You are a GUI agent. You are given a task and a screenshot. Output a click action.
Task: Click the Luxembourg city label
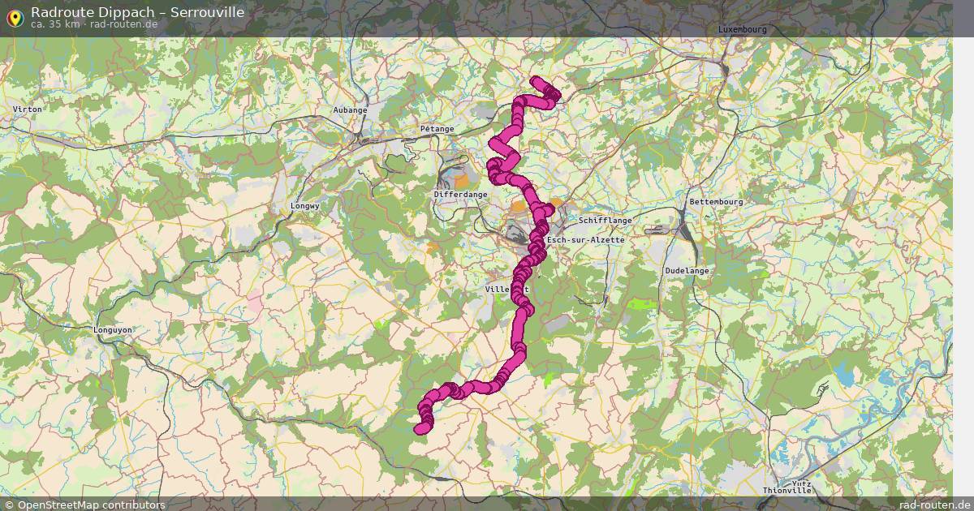tap(742, 29)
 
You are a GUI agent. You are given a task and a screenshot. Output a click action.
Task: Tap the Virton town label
tap(27, 108)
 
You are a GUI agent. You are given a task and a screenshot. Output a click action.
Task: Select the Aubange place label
tap(350, 109)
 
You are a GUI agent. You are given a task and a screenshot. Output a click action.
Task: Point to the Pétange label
tap(437, 129)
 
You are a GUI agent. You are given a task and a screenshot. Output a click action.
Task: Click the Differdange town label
tap(460, 195)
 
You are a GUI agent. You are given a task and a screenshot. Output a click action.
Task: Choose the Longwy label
tap(305, 206)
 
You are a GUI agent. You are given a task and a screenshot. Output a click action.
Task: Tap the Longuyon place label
tap(113, 330)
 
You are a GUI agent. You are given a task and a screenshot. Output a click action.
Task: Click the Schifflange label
tap(605, 220)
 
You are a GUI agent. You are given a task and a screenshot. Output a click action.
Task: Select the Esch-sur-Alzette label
tap(586, 241)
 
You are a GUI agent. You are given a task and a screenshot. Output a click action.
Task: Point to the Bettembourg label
tap(716, 201)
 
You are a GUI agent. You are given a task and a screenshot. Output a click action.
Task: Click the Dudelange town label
tap(687, 271)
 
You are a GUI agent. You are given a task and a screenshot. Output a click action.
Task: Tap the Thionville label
tap(787, 491)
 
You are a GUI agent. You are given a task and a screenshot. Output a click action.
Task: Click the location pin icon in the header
tap(14, 16)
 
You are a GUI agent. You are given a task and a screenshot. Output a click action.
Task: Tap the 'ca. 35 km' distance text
tap(54, 24)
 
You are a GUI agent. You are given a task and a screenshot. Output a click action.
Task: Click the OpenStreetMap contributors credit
tap(91, 505)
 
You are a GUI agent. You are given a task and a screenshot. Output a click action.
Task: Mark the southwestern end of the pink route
tap(420, 429)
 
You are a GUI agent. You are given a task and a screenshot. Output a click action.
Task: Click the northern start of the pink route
tap(536, 80)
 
